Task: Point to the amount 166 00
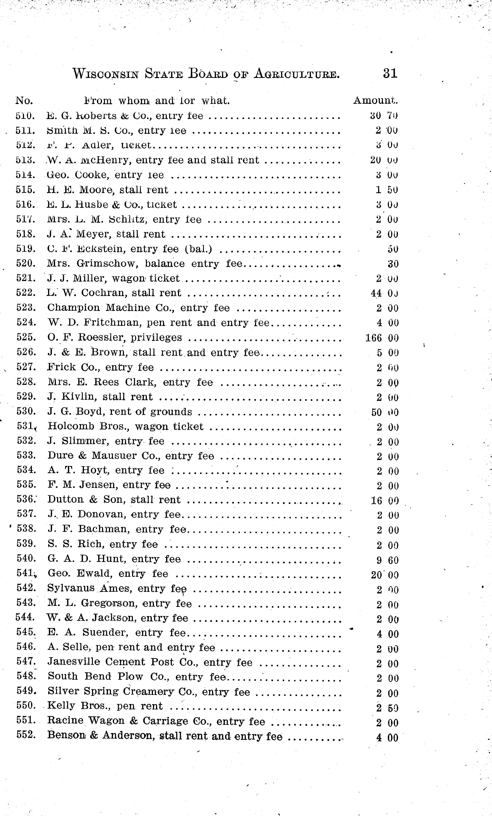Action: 382,338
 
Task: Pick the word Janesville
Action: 74,662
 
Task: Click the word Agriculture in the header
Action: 297,74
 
